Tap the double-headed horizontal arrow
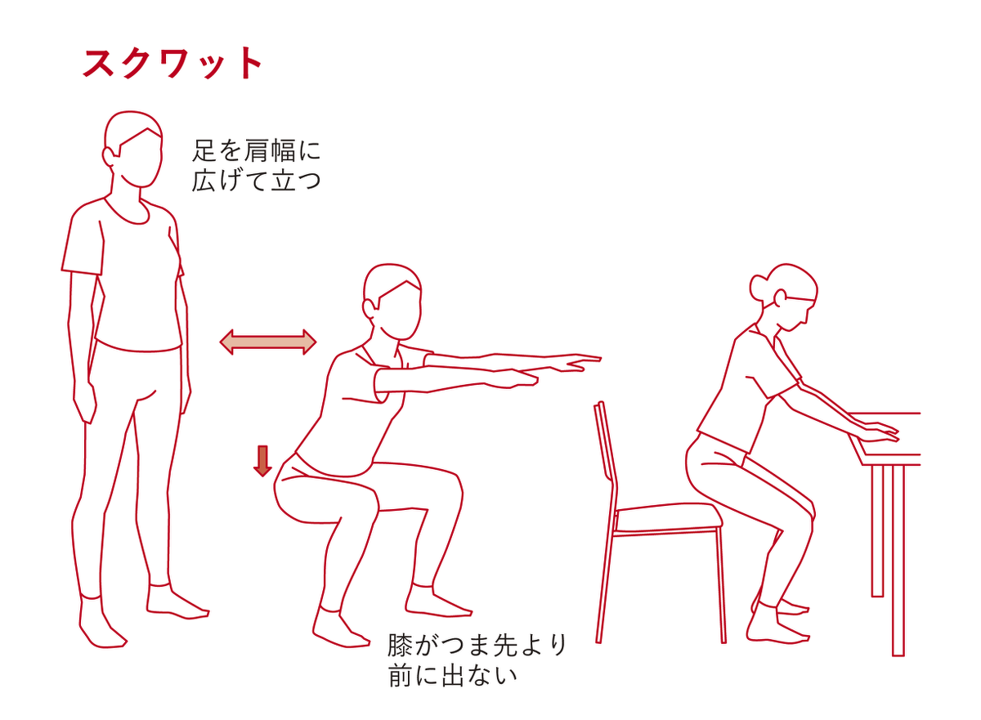(x=268, y=342)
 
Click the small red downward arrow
(x=262, y=460)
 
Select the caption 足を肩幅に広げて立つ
(x=257, y=165)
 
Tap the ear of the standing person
(x=109, y=155)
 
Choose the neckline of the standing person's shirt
(x=127, y=209)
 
